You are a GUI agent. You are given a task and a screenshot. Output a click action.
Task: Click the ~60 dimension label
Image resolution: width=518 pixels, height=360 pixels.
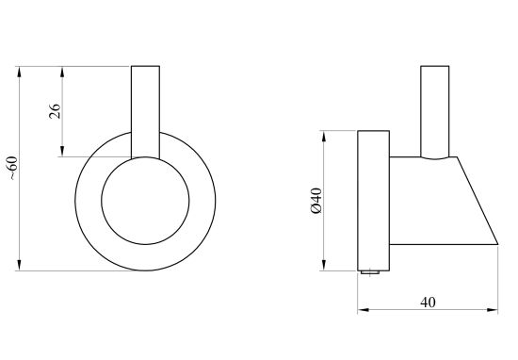coord(12,168)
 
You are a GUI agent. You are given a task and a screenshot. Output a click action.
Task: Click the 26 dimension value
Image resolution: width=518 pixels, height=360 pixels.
coord(55,111)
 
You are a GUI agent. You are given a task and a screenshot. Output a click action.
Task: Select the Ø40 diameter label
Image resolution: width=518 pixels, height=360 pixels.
coord(316,201)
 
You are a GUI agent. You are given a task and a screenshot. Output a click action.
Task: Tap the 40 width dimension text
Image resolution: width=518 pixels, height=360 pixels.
coord(428,303)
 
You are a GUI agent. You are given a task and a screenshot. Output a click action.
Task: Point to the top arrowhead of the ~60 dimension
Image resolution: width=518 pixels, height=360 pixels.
coord(19,72)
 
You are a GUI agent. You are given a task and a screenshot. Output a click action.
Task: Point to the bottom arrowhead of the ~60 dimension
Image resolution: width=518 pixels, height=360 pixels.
coord(19,265)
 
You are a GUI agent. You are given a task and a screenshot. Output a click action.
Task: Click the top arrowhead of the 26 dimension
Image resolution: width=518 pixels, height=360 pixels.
coord(62,72)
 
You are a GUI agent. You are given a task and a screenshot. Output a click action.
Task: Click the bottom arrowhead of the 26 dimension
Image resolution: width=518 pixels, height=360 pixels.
coord(62,151)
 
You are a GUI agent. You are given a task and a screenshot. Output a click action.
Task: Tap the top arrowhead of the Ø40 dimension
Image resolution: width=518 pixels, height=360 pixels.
coord(324,137)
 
